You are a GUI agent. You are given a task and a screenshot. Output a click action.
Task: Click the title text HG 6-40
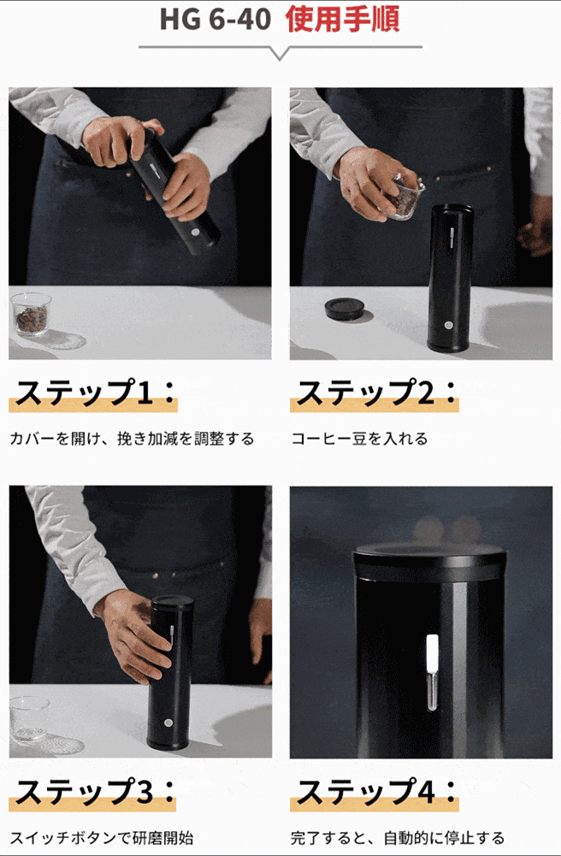[215, 20]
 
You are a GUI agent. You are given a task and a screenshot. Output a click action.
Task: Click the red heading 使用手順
[343, 19]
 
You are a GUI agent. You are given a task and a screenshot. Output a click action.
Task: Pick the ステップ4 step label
[375, 791]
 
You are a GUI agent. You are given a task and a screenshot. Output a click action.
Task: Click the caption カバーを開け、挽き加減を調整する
[132, 439]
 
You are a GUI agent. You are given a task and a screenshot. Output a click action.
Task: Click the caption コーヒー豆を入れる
[359, 439]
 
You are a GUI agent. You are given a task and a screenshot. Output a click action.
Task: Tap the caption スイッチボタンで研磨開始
[102, 837]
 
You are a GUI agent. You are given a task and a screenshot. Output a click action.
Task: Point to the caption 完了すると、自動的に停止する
[398, 837]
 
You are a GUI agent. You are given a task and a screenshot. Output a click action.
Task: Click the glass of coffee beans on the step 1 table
[31, 314]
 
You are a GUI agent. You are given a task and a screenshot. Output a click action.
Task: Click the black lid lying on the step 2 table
[345, 309]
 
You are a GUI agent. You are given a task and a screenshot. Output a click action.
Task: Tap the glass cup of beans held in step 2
[403, 198]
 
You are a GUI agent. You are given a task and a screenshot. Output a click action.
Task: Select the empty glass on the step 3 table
[29, 719]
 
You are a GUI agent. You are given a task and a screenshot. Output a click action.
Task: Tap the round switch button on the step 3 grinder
[168, 723]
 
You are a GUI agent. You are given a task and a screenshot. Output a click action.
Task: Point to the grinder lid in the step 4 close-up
[429, 558]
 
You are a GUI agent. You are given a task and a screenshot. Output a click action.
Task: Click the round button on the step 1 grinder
[195, 232]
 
